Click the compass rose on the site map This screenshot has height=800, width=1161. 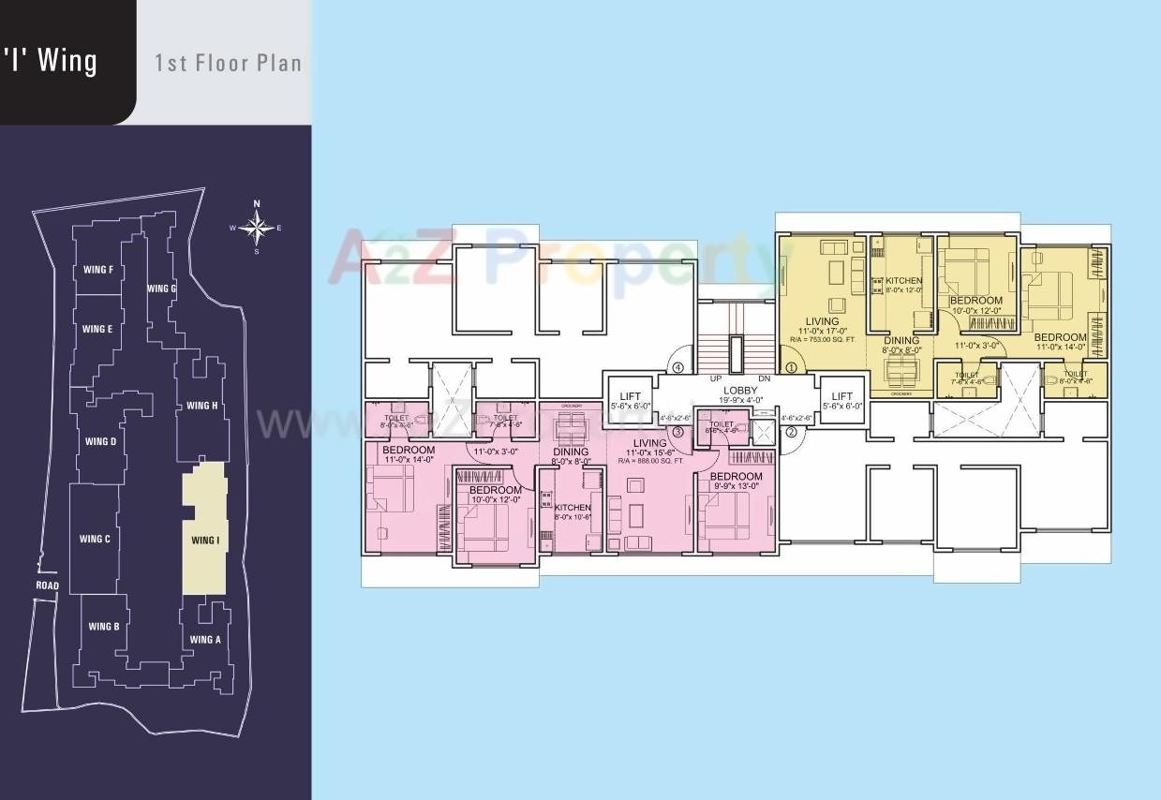[x=257, y=227]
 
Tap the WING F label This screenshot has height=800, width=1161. [x=97, y=271]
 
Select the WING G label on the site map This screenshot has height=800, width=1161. [x=161, y=289]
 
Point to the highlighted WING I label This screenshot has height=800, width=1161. [x=204, y=541]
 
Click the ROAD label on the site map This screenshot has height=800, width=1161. [x=47, y=586]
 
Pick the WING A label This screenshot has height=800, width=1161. [x=204, y=640]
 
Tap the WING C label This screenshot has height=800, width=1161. [x=95, y=539]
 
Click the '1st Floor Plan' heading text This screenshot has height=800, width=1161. [x=228, y=64]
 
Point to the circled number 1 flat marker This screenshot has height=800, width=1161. [x=790, y=368]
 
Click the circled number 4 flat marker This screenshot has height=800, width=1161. [x=677, y=367]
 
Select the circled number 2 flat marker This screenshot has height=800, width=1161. [x=790, y=432]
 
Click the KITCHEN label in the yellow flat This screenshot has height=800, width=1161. [x=903, y=281]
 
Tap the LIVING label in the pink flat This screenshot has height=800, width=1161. [x=649, y=443]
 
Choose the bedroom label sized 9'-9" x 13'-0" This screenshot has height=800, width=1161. [x=736, y=477]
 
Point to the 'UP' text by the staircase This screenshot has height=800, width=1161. [x=715, y=378]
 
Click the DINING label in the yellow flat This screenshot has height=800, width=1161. [x=901, y=341]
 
